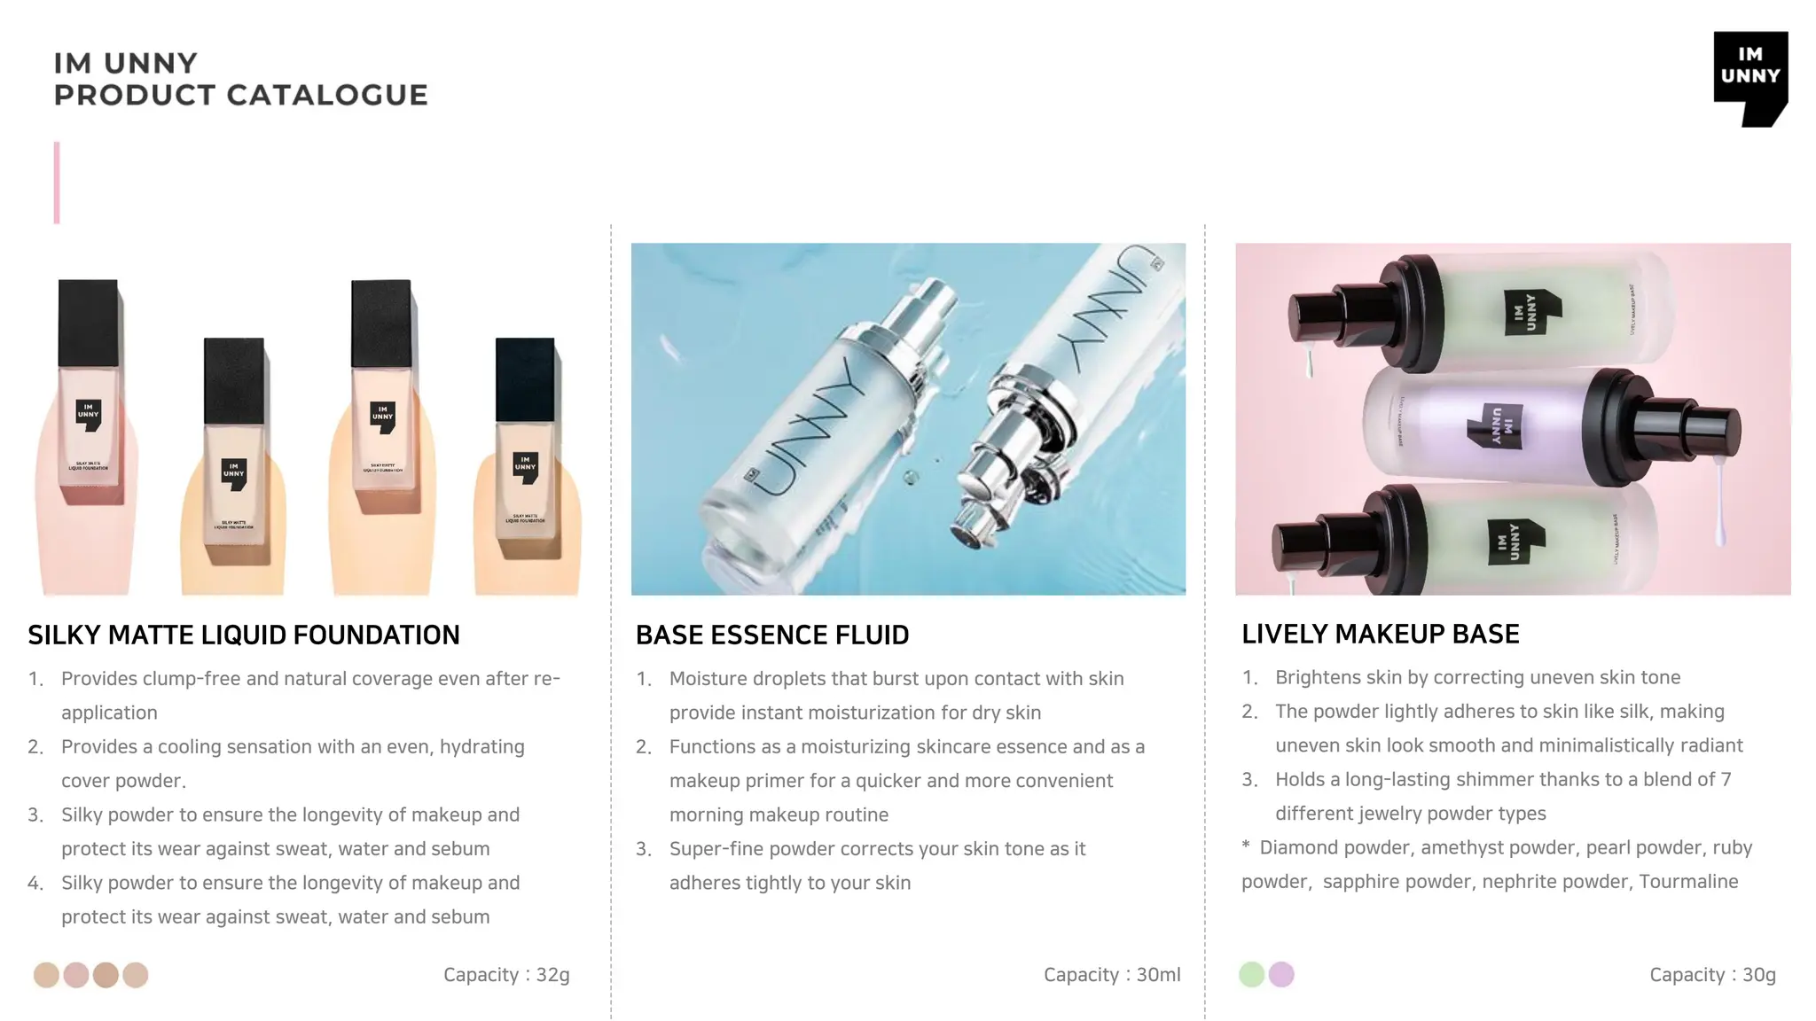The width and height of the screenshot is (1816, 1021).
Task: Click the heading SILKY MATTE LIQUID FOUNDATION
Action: tap(243, 635)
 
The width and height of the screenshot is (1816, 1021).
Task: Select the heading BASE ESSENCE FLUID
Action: tap(771, 635)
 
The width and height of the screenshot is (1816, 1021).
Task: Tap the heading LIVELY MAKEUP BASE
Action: tap(1380, 634)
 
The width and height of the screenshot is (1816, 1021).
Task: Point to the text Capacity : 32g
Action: tap(506, 975)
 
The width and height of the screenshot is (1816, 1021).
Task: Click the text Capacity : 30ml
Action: tap(1111, 975)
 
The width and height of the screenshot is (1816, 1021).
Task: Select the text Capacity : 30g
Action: tap(1712, 975)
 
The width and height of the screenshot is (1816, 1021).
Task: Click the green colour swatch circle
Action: tap(1251, 974)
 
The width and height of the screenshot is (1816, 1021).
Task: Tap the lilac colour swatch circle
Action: tap(1281, 974)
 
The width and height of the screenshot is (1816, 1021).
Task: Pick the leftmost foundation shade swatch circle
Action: tap(46, 975)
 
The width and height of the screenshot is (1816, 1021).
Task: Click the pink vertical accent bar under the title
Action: tap(57, 183)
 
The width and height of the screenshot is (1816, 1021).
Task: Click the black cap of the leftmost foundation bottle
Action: tap(88, 323)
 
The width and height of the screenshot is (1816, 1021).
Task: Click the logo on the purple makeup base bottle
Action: tap(1495, 425)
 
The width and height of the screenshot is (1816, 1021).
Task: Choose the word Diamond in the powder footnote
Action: tap(1293, 848)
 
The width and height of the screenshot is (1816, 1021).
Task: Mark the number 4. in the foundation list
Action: tap(35, 884)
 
